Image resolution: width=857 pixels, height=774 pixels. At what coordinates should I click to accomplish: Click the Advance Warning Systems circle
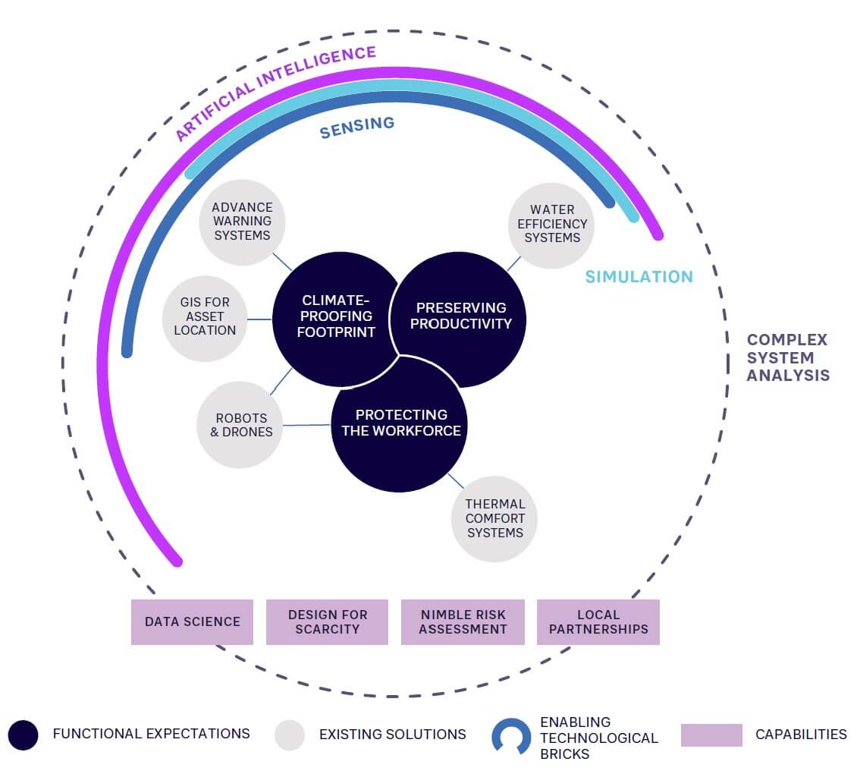click(242, 221)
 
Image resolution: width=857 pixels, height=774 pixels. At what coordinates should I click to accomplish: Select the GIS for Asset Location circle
click(205, 316)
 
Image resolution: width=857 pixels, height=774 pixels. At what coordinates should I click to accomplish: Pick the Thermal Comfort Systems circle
click(494, 518)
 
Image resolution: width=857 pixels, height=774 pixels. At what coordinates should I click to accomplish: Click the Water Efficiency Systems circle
click(551, 224)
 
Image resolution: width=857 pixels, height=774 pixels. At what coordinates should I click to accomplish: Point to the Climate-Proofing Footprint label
click(335, 316)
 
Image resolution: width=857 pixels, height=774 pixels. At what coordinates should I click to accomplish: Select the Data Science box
click(192, 622)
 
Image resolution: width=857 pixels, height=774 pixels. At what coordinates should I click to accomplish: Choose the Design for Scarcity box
click(327, 622)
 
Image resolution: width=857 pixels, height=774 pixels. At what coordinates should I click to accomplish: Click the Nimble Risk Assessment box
click(463, 622)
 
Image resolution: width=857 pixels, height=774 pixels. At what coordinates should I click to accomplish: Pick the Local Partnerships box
click(598, 622)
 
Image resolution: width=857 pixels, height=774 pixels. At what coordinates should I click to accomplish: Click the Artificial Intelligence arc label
click(276, 93)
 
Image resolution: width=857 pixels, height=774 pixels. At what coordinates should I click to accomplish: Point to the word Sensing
click(356, 127)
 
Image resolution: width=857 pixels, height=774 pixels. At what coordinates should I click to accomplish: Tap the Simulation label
click(639, 277)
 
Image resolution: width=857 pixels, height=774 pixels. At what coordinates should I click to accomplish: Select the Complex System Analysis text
click(787, 357)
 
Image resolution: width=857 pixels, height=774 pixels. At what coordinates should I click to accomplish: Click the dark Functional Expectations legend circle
click(24, 735)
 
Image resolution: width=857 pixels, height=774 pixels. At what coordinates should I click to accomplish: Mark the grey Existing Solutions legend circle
click(290, 735)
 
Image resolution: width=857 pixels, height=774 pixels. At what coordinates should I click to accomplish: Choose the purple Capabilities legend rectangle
click(711, 735)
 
